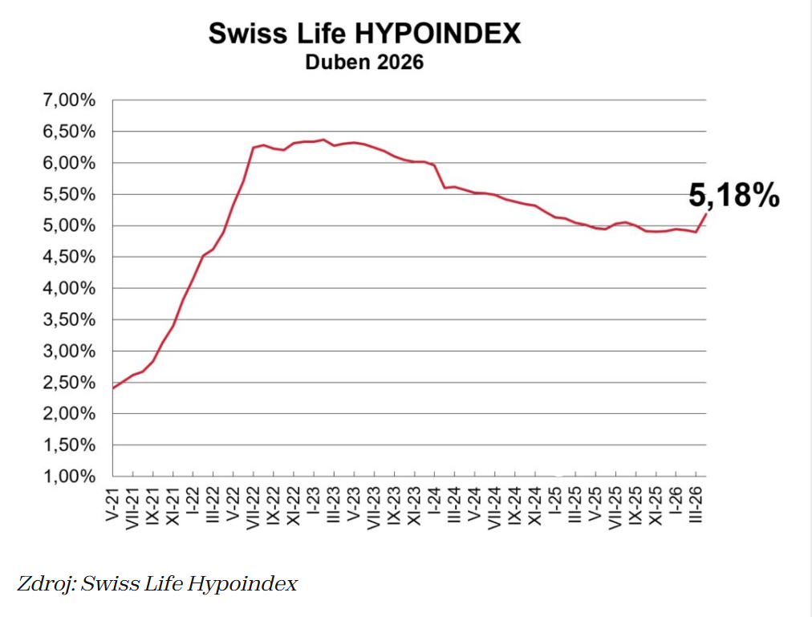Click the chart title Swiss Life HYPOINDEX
click(364, 34)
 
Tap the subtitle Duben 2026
click(364, 63)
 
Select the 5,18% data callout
click(733, 195)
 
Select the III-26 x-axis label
click(696, 505)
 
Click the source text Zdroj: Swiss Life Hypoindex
click(157, 583)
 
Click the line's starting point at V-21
click(113, 388)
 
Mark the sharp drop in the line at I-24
click(439, 177)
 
